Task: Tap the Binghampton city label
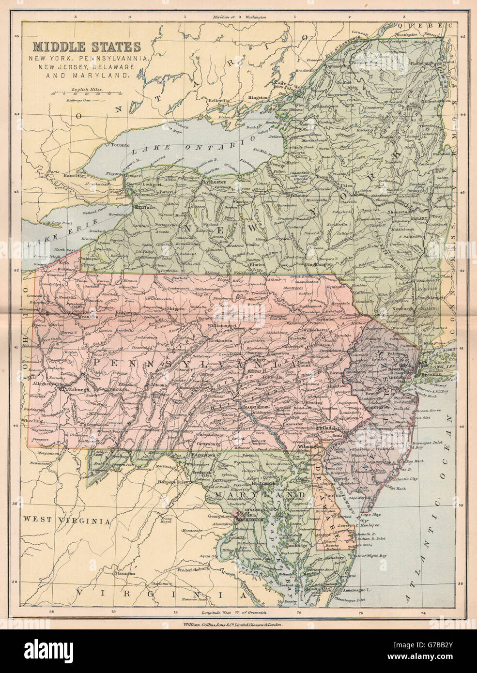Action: pos(321,265)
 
